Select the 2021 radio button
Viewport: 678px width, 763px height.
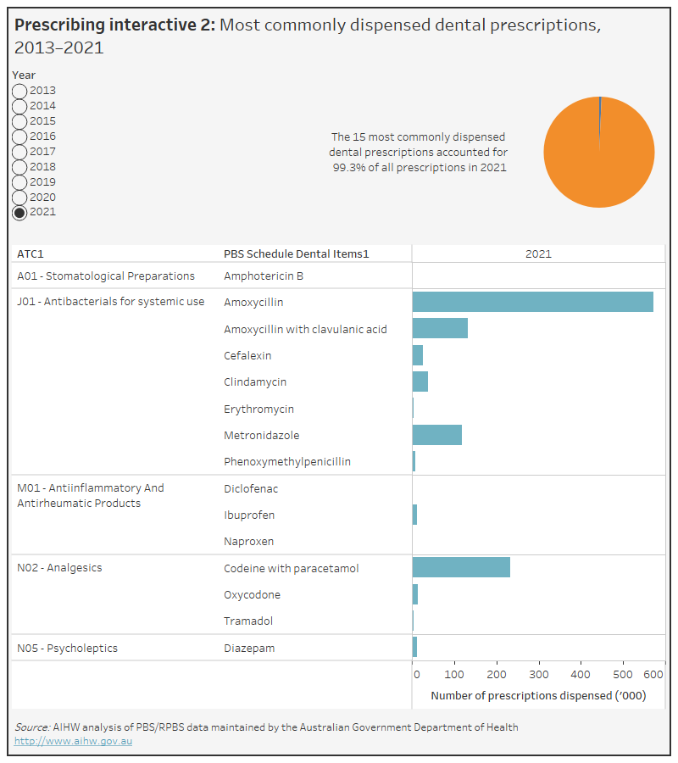click(x=19, y=213)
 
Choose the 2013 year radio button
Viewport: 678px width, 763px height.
click(x=19, y=91)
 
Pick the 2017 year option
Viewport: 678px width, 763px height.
click(x=19, y=152)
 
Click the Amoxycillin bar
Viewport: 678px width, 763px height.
click(x=532, y=302)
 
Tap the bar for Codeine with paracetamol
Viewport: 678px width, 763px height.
click(x=461, y=568)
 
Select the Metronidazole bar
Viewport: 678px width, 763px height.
click(x=436, y=435)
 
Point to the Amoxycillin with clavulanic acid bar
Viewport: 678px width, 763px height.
click(x=440, y=329)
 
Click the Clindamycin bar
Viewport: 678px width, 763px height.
click(x=420, y=381)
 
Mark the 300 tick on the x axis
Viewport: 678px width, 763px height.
click(x=539, y=675)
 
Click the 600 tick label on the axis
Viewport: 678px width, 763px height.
click(x=653, y=675)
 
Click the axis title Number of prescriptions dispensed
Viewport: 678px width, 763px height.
click(x=538, y=695)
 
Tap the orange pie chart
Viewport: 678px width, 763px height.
click(x=598, y=152)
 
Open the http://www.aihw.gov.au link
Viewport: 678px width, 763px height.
click(x=73, y=741)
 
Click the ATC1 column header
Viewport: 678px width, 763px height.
click(x=30, y=253)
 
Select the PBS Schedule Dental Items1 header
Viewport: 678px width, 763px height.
click(x=297, y=253)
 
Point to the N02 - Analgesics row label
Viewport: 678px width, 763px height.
click(x=59, y=568)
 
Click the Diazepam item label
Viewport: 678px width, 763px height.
click(x=249, y=649)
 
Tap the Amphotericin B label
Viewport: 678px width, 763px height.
click(x=264, y=276)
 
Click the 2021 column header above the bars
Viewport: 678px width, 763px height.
click(x=538, y=253)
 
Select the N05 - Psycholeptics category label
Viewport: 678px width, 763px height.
click(x=67, y=649)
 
